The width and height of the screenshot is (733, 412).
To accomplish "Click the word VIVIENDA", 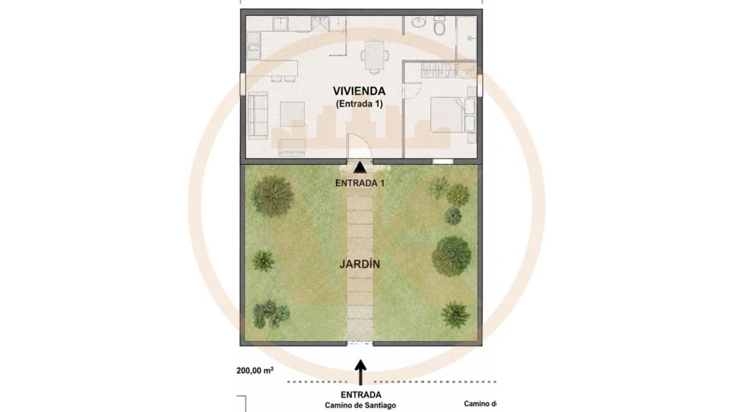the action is click(x=359, y=91).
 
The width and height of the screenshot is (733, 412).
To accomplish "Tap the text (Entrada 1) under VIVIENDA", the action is click(x=359, y=104).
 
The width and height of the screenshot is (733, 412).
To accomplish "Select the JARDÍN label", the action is click(x=360, y=264).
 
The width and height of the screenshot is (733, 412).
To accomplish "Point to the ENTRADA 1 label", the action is click(x=360, y=184).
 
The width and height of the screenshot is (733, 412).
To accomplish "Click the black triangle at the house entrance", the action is click(x=360, y=167).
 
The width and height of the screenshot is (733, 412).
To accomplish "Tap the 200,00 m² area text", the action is click(x=255, y=370).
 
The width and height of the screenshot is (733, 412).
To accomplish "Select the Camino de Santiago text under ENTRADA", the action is click(x=360, y=405).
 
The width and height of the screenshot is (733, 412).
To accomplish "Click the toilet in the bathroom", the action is click(x=439, y=26).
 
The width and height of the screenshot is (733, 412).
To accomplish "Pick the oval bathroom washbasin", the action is click(x=418, y=22).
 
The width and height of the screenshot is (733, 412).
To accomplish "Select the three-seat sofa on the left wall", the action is click(x=258, y=115).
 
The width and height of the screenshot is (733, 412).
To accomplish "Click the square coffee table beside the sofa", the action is click(x=292, y=114).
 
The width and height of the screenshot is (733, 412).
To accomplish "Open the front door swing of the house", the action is click(x=359, y=146).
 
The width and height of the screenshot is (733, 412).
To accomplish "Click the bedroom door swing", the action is click(x=413, y=90).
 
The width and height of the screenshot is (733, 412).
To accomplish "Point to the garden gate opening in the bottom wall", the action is click(x=360, y=344).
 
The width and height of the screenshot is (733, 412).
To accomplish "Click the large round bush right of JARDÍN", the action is click(x=451, y=256).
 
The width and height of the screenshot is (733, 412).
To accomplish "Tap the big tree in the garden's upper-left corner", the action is click(x=272, y=196).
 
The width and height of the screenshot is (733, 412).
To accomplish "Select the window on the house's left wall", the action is click(x=243, y=84).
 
